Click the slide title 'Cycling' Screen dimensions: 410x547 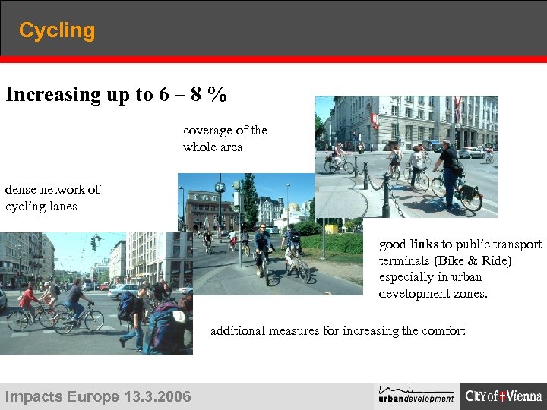pos(57,31)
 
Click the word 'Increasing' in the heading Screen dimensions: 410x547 pos(54,95)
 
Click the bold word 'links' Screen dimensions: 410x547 pos(424,244)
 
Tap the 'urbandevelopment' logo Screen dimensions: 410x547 pos(416,395)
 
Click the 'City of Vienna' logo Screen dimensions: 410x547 pos(504,396)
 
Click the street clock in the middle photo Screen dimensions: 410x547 pos(220,186)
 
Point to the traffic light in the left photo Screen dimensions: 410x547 pos(93,243)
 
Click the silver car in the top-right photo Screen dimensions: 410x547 pos(472,153)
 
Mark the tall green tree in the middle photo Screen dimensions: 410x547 pos(249,201)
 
